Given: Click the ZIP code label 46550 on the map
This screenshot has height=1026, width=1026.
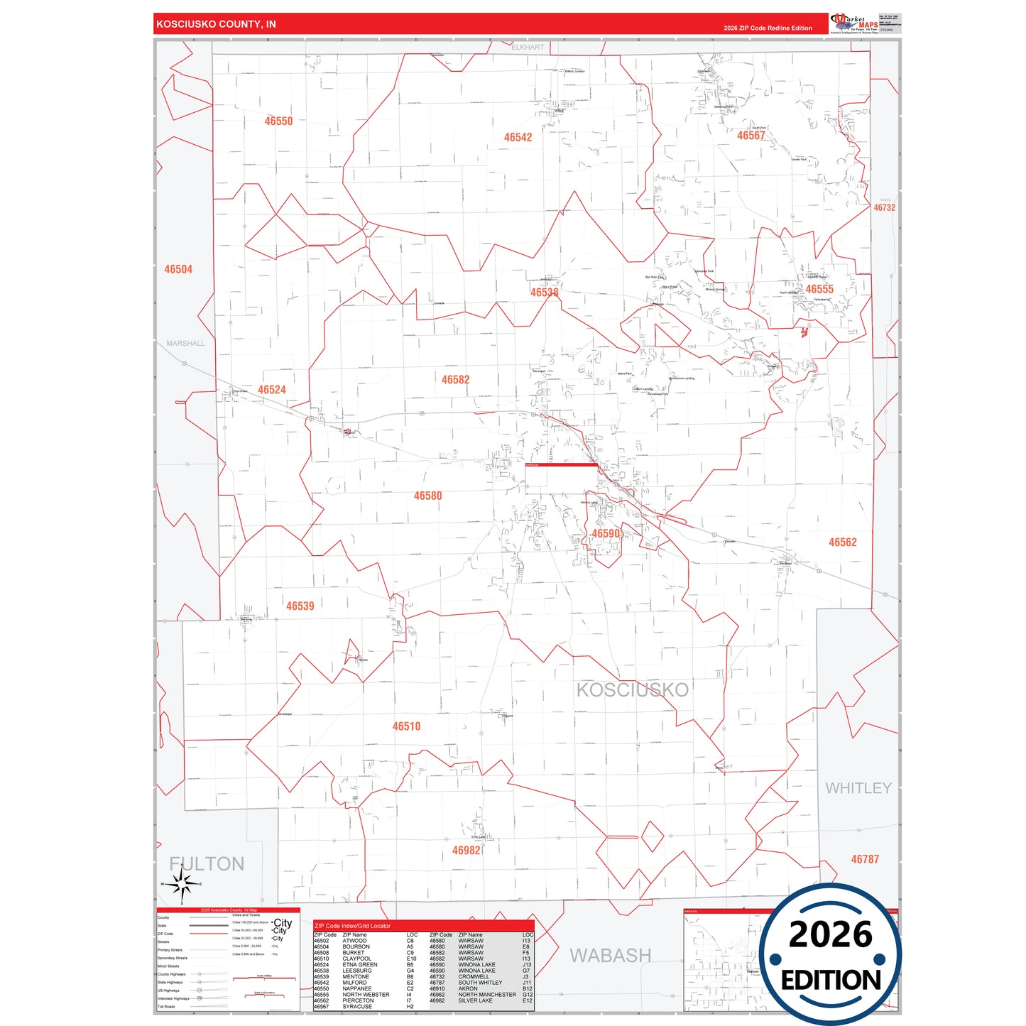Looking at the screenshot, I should point(278,121).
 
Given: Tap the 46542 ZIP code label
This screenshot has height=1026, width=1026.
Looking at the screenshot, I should point(518,138).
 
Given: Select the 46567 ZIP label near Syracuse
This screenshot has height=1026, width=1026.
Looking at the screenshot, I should point(751,136).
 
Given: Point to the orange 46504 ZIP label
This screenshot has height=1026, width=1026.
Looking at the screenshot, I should point(178,270).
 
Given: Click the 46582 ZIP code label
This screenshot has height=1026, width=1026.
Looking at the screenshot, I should point(455,380).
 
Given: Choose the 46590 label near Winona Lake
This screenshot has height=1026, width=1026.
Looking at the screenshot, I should point(606,534).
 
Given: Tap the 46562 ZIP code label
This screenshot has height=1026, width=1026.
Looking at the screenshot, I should point(842,542).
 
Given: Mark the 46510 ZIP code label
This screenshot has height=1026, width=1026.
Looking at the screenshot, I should point(406,726).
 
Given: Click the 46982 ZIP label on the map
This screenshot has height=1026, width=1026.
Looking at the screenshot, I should point(466,851).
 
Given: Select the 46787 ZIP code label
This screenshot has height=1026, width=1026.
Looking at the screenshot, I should point(865,859).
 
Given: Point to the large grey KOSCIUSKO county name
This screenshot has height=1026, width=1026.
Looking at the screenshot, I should point(632,690).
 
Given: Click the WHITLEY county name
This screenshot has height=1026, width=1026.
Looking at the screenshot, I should point(858,788).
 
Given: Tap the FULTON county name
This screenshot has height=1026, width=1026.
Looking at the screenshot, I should point(207,864).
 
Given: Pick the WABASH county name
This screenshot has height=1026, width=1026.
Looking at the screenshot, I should point(610,956).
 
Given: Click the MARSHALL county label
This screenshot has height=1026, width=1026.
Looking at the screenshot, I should point(185,344).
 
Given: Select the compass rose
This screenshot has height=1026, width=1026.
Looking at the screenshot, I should point(182,885).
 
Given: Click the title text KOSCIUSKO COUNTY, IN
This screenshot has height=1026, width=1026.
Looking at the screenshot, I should point(216,24).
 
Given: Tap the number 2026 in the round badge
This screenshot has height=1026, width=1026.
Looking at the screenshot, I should point(830,934).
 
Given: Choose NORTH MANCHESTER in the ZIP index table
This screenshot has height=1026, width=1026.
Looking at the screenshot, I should point(487,995).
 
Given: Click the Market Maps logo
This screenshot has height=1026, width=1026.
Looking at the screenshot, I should point(854,23).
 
